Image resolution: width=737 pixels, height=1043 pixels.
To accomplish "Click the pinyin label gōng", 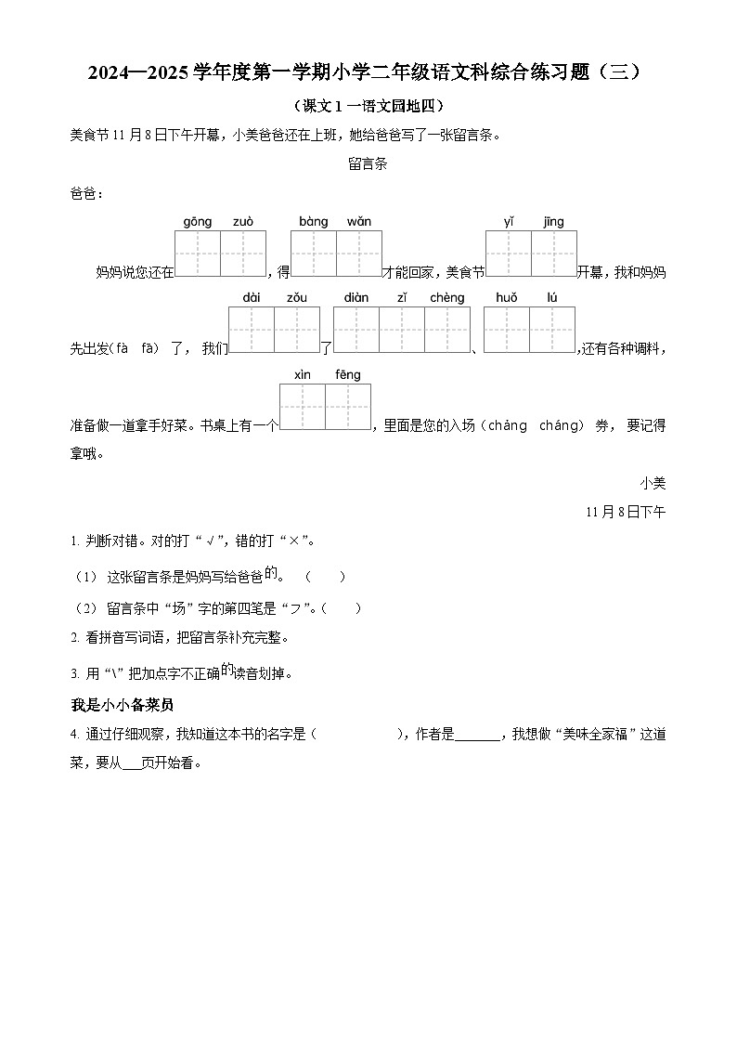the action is pyautogui.click(x=197, y=222).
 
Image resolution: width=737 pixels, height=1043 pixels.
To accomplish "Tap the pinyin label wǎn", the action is pyautogui.click(x=359, y=222).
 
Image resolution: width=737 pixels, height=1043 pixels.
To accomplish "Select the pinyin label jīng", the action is pyautogui.click(x=554, y=222).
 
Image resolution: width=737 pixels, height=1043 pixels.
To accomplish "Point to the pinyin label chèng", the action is pyautogui.click(x=446, y=298).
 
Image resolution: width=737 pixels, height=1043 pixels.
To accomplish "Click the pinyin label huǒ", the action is pyautogui.click(x=506, y=298).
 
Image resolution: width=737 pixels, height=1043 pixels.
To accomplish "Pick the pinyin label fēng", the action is pyautogui.click(x=348, y=375).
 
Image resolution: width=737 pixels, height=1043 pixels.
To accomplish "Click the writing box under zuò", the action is pyautogui.click(x=243, y=254).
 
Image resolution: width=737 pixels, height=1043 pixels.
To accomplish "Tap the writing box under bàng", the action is pyautogui.click(x=314, y=254).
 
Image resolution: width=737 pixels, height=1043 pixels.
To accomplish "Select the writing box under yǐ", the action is pyautogui.click(x=509, y=254).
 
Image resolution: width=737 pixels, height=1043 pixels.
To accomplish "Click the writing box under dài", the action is pyautogui.click(x=251, y=330).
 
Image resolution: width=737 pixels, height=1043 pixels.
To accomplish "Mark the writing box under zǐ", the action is pyautogui.click(x=402, y=330).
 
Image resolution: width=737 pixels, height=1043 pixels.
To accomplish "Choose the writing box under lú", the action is pyautogui.click(x=552, y=330).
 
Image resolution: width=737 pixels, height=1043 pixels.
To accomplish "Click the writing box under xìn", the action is pyautogui.click(x=303, y=407).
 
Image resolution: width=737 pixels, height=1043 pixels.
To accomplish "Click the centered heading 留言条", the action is pyautogui.click(x=368, y=164).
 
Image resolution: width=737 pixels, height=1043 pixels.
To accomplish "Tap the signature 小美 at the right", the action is pyautogui.click(x=653, y=483).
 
